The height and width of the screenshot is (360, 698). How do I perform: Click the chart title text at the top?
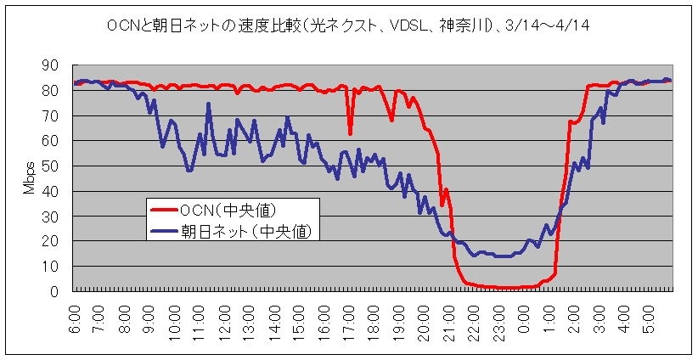tap(348, 26)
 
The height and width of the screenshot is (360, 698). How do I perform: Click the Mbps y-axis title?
tap(28, 177)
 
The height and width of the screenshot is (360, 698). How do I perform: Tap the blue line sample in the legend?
tap(164, 230)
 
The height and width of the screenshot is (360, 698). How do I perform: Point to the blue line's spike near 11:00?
tap(208, 104)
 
